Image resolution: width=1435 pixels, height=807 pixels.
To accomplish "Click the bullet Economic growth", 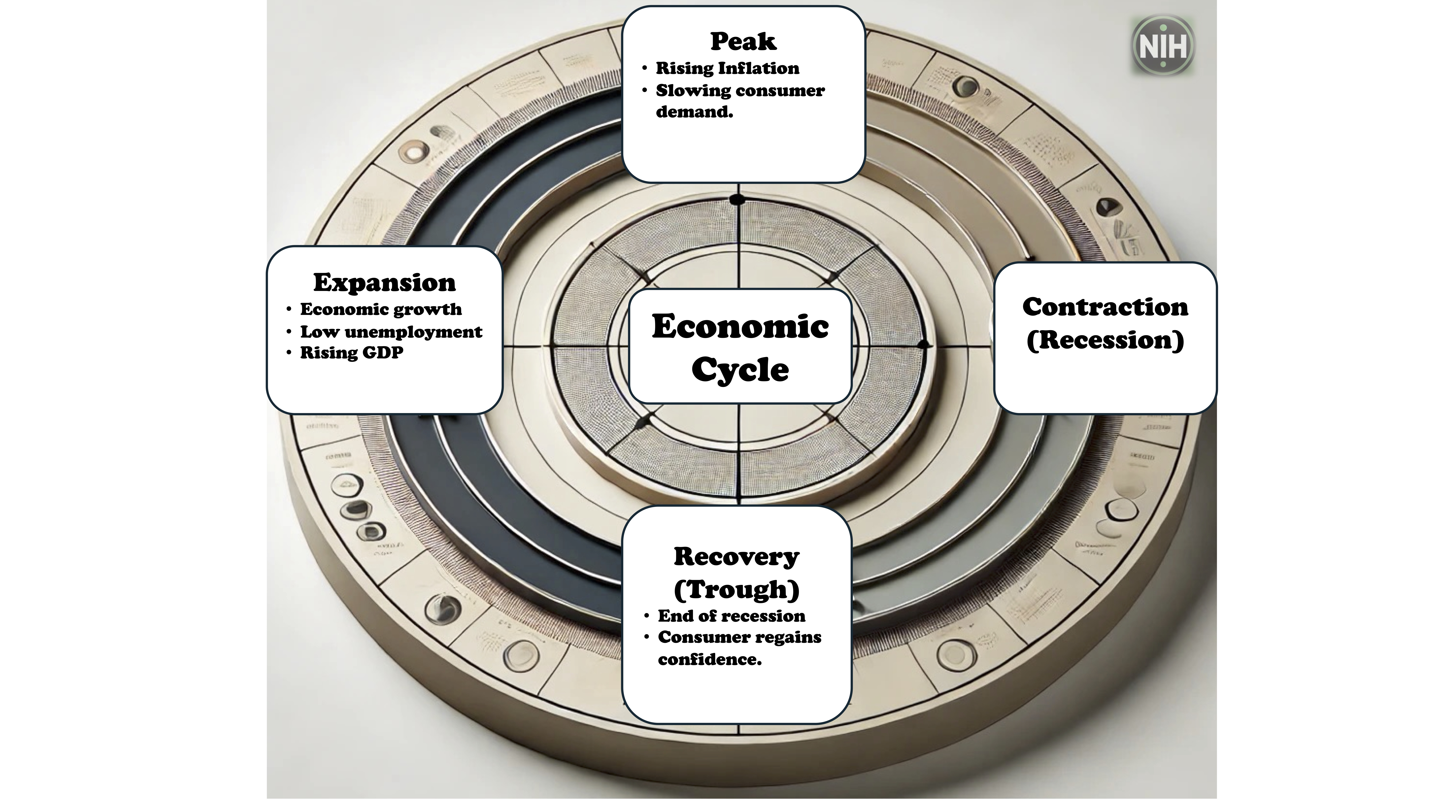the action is (x=381, y=309).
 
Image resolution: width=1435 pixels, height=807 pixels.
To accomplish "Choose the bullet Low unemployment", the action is (x=391, y=332).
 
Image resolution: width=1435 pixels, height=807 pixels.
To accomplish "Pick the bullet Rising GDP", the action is (x=352, y=352).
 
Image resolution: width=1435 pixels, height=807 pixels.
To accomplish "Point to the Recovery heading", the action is (x=736, y=556).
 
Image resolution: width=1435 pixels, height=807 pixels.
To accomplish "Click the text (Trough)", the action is (x=736, y=589).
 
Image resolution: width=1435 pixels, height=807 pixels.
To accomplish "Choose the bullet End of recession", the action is (x=731, y=616).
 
